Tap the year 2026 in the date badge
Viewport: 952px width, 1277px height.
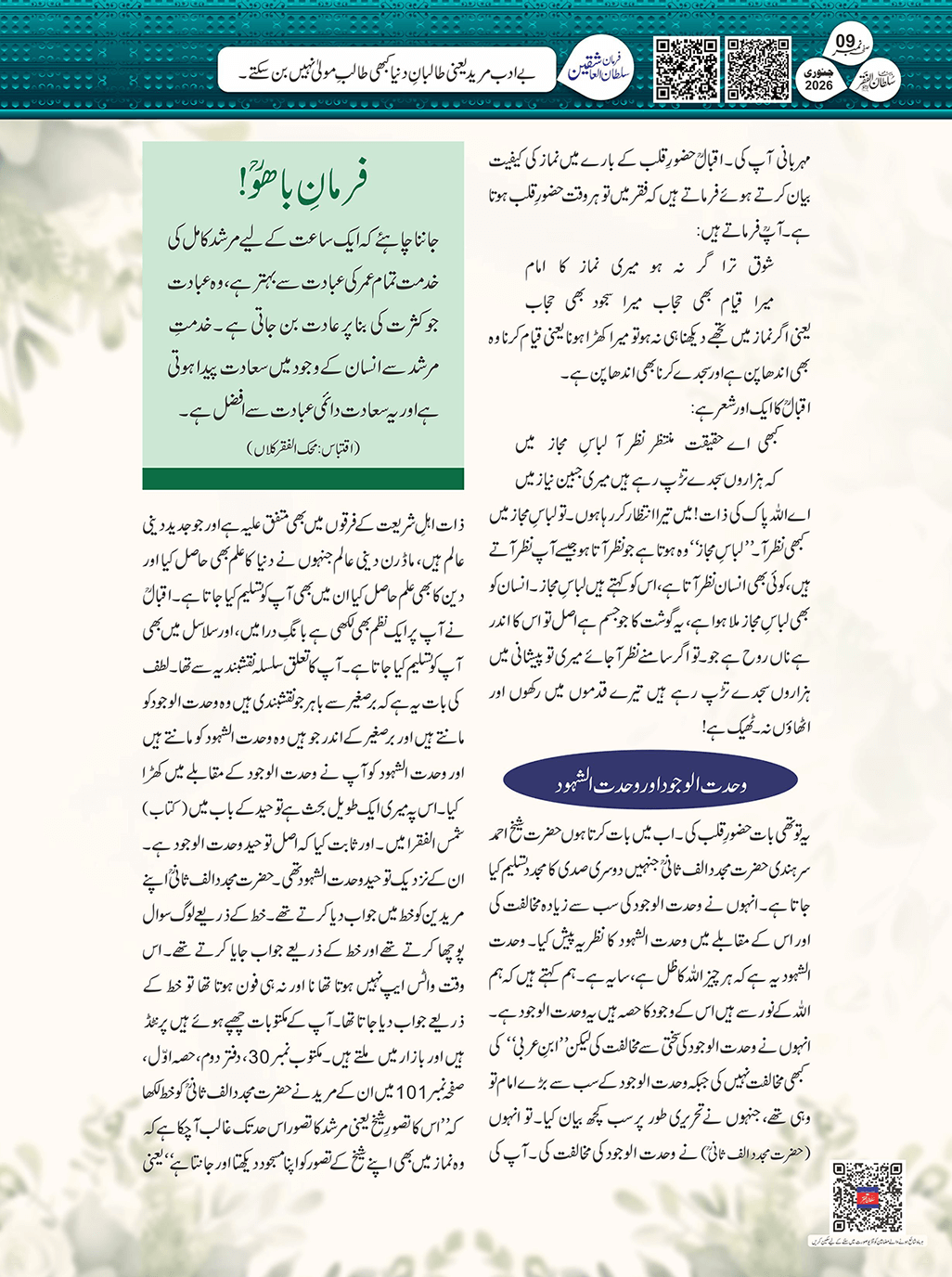[x=818, y=84]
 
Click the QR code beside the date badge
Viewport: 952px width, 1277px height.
[x=758, y=69]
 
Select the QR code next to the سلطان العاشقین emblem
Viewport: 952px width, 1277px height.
[x=687, y=69]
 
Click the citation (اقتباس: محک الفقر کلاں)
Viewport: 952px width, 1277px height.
[x=303, y=449]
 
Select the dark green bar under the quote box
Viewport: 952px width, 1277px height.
[x=303, y=478]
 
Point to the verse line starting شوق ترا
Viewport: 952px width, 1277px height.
[x=650, y=268]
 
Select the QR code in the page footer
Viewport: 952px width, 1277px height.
[x=867, y=1197]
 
